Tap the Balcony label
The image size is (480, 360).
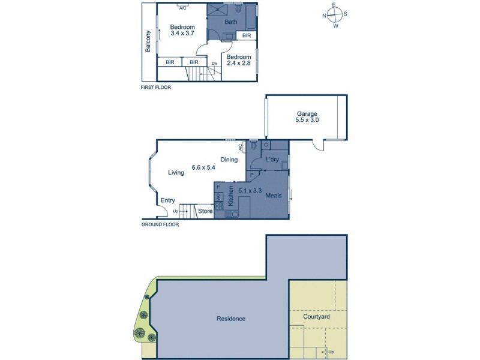tap(148, 42)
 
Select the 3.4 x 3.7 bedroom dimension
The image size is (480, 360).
tap(182, 35)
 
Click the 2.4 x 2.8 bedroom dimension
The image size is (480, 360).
tap(238, 64)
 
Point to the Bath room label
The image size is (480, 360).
tap(230, 22)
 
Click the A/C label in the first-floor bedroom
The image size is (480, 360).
tap(182, 8)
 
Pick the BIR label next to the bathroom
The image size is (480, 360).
tap(247, 36)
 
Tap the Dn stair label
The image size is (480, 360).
tap(214, 63)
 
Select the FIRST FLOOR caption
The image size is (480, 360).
tap(155, 88)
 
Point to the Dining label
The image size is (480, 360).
tap(229, 160)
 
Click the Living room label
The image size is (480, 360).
tap(176, 173)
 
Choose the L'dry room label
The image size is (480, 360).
tap(274, 160)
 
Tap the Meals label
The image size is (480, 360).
tap(274, 195)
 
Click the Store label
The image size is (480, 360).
tap(205, 211)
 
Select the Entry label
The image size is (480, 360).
tap(167, 202)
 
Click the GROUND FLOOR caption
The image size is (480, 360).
tap(160, 225)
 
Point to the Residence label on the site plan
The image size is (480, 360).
tap(231, 319)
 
